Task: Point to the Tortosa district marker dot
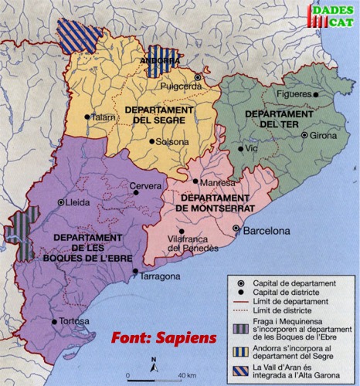point(53,321)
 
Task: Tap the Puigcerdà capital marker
point(198,77)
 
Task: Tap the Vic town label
point(252,147)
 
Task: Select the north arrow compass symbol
point(155,364)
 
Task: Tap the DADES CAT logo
point(333,16)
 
